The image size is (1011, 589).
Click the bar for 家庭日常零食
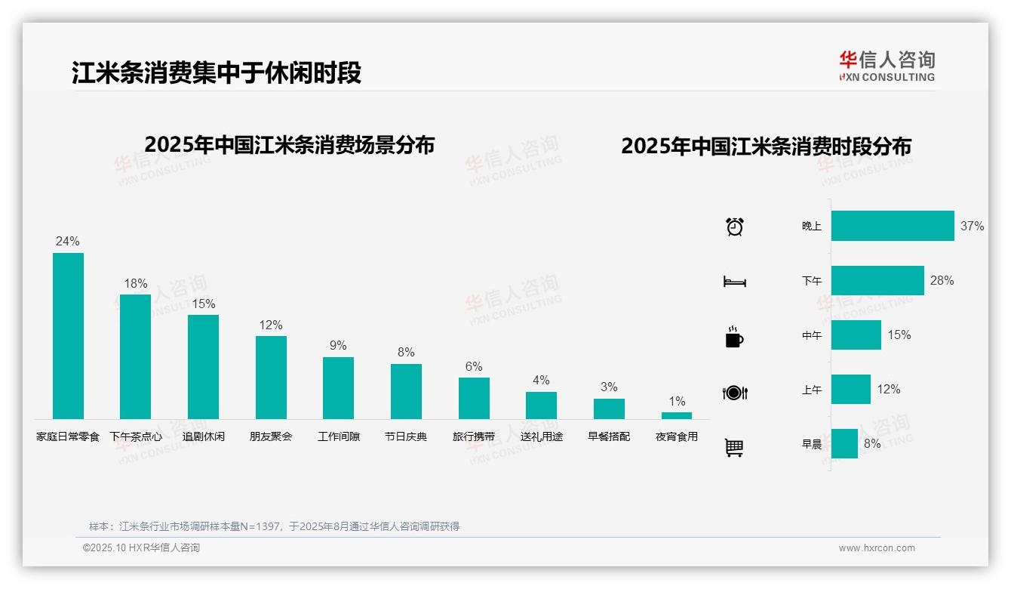coord(68,336)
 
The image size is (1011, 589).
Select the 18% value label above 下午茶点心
coord(136,283)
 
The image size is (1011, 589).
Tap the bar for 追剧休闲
coord(203,367)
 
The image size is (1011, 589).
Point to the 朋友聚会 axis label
coord(271,436)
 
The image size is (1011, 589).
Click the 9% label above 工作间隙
coord(338,345)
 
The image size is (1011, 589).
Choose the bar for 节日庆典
coord(406,391)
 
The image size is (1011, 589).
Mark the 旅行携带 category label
coord(474,436)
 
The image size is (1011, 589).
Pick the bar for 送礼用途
coord(541,406)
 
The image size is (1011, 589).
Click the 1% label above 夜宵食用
coord(677,401)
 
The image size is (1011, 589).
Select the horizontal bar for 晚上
coord(893,226)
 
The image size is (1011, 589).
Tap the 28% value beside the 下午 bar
coord(942,280)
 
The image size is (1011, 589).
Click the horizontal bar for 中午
coord(856,335)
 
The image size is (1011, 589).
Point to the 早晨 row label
coord(812,444)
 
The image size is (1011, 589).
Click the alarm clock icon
coord(735,227)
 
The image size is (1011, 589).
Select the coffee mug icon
coord(734,337)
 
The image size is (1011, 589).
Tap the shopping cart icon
coord(734,447)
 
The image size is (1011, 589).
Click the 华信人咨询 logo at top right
coord(887,66)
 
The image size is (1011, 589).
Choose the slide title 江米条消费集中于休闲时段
coord(217,72)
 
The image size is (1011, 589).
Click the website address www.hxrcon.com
coord(877,548)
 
